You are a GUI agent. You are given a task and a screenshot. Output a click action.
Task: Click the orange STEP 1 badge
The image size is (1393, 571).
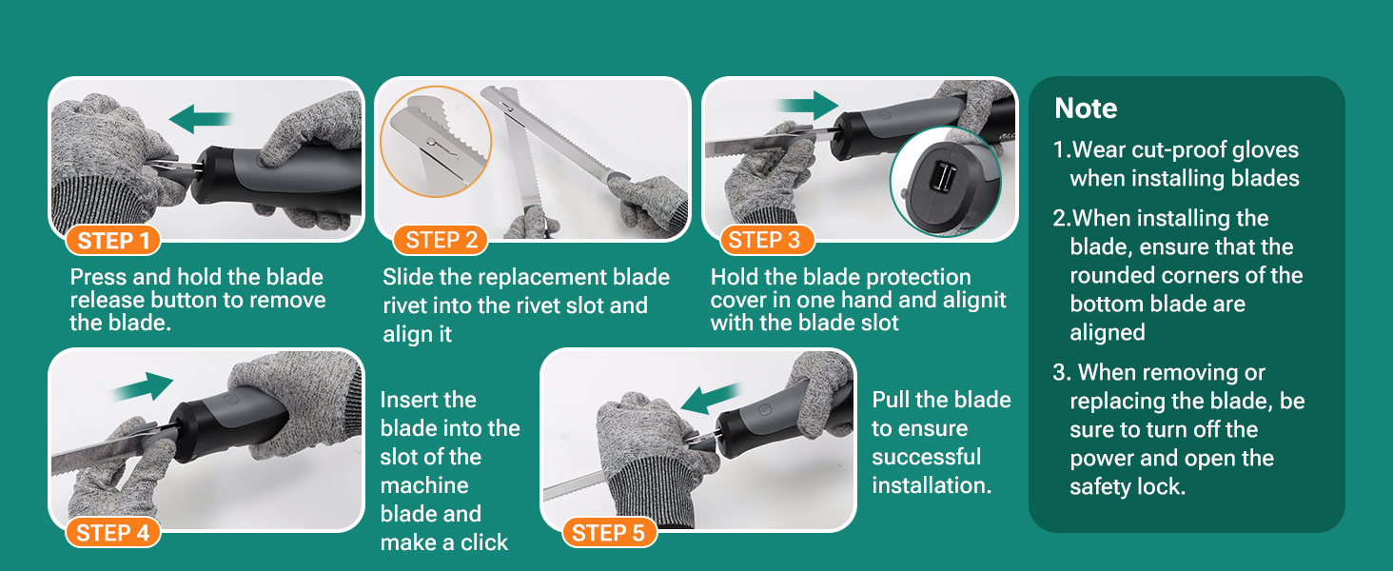click(x=113, y=241)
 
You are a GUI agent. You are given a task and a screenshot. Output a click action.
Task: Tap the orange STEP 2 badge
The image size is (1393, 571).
click(x=441, y=240)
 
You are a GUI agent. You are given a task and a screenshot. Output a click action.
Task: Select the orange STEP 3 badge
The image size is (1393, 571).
click(x=768, y=240)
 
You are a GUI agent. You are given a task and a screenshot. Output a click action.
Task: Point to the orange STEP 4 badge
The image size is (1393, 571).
click(x=113, y=533)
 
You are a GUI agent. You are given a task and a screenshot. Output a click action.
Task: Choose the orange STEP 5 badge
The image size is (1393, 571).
click(x=609, y=533)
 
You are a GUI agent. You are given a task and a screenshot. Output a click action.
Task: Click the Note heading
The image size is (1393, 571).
click(x=1086, y=108)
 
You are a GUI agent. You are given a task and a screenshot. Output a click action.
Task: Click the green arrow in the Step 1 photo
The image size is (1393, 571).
click(x=200, y=119)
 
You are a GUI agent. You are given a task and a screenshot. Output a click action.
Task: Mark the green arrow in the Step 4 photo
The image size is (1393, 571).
click(x=142, y=387)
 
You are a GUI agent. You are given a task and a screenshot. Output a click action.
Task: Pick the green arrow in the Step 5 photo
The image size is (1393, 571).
click(x=712, y=398)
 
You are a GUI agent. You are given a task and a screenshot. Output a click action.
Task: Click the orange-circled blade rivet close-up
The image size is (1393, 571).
click(x=436, y=142)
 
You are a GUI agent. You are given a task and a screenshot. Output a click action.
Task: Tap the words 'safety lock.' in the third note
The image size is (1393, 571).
click(x=1128, y=487)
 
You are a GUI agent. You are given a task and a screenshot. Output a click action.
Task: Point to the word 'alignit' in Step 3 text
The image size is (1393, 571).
click(x=974, y=301)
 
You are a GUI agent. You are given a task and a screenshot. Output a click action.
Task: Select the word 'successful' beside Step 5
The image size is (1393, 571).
click(x=926, y=457)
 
